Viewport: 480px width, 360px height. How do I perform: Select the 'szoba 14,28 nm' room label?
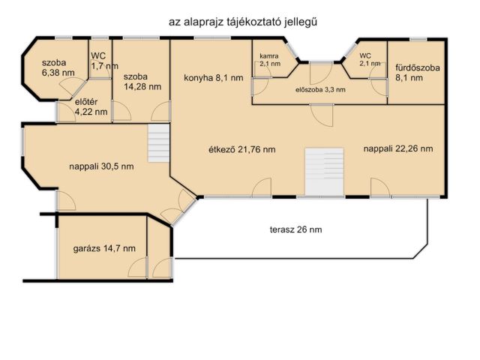tap(142, 81)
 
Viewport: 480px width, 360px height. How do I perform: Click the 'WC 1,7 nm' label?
tap(102, 61)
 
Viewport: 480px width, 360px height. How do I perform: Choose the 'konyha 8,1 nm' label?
tap(214, 77)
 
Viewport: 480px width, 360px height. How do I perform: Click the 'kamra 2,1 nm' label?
tap(270, 60)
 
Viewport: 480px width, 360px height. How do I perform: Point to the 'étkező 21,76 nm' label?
tap(241, 149)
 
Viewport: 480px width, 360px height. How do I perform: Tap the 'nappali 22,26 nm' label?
tap(398, 148)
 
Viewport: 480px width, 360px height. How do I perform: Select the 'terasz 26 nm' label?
tap(296, 229)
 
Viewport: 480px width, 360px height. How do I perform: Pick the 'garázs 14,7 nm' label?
tap(104, 247)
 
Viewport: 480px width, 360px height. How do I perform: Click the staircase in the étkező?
tap(324, 172)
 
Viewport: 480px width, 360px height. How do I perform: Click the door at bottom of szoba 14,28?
tap(159, 112)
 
